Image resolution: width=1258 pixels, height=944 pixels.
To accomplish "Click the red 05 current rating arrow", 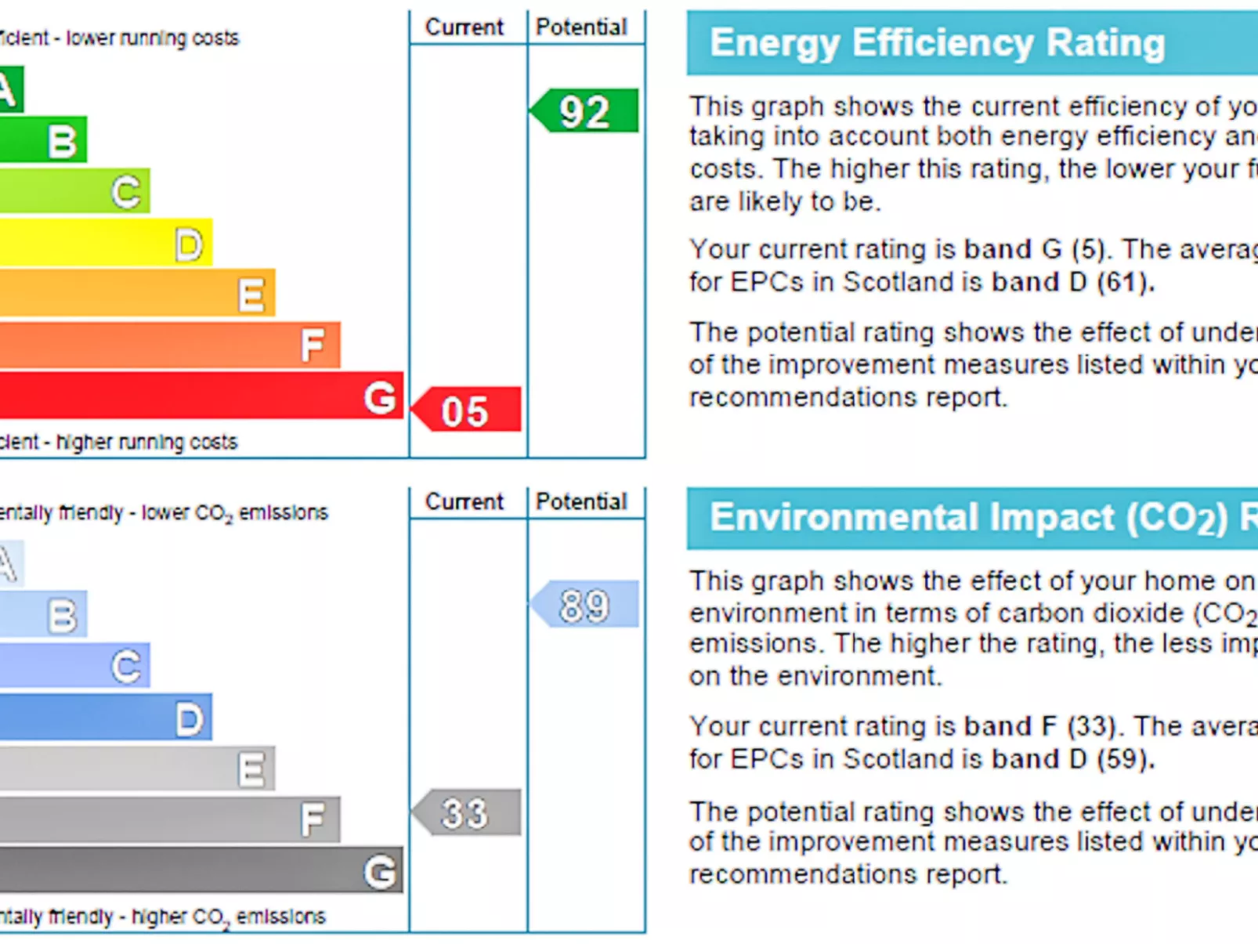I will (468, 410).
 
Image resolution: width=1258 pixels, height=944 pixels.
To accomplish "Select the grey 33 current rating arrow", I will (468, 812).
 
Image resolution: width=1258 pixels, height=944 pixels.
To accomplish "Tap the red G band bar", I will (196, 396).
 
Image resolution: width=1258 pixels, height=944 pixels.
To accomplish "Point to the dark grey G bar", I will (196, 870).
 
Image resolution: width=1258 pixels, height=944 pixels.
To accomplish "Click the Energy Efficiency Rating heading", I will (937, 43).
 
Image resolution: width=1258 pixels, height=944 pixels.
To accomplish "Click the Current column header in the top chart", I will (465, 27).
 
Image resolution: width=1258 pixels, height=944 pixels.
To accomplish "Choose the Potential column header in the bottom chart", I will (581, 501).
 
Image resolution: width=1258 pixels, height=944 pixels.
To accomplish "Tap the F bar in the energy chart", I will (168, 345).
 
